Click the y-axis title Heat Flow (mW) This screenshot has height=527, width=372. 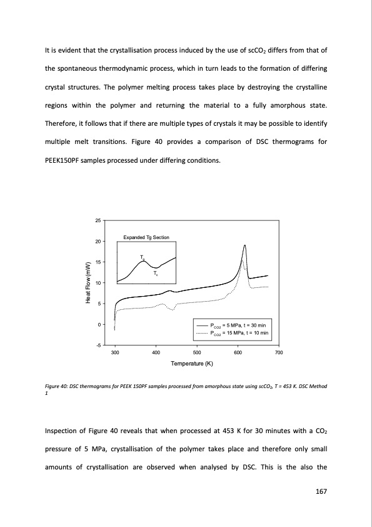[89, 282]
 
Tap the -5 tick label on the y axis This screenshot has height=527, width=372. [98, 345]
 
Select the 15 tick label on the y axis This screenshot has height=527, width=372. [98, 262]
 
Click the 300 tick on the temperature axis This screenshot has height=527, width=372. [115, 354]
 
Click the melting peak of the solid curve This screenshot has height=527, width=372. [245, 245]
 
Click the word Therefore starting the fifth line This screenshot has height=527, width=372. [61, 123]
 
